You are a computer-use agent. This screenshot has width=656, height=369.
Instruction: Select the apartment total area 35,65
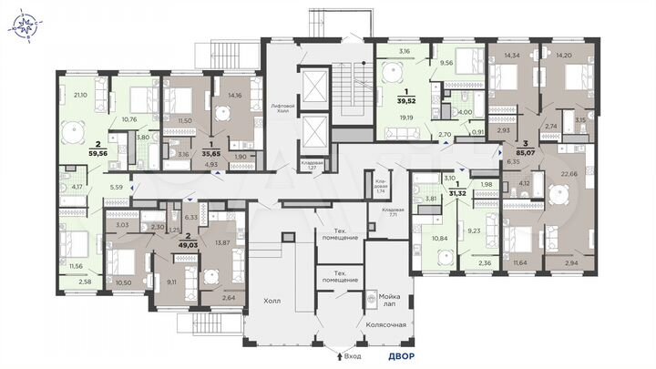211,154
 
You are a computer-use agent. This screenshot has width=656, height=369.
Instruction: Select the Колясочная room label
384,322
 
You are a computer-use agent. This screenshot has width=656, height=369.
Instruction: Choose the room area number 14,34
500,56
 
